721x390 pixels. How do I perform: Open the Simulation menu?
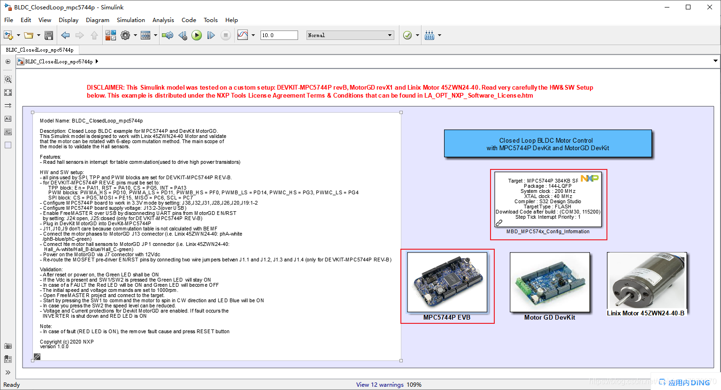coord(130,20)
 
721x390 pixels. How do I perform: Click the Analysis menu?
coord(163,20)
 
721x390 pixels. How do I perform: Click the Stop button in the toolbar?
coord(226,35)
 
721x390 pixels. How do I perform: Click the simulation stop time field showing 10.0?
coord(279,35)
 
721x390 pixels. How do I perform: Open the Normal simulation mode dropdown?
coord(350,35)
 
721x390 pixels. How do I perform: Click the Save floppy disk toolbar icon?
coord(49,35)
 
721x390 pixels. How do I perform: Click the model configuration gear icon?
coord(125,35)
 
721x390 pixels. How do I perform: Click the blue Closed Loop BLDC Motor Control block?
coord(548,144)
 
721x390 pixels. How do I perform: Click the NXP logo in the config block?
coord(590,178)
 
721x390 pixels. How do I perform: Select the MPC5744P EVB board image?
coord(447,282)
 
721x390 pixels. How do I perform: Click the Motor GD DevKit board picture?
coord(550,282)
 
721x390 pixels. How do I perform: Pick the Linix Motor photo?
coord(646,280)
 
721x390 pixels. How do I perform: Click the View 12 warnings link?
coord(380,385)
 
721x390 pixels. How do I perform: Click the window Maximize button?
coord(688,7)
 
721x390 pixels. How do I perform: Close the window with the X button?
coord(710,7)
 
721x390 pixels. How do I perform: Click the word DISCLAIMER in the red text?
coord(105,88)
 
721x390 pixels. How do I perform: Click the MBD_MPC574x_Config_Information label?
coord(548,232)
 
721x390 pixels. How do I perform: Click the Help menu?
coord(231,20)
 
